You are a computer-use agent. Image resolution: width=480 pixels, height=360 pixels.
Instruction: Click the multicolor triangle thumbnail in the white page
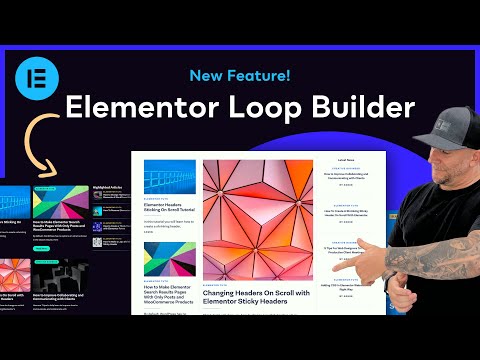[x=168, y=260]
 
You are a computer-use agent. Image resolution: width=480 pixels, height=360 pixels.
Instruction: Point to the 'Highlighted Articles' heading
[x=115, y=186]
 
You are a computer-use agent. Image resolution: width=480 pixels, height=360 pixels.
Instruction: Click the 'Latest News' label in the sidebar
[x=346, y=161]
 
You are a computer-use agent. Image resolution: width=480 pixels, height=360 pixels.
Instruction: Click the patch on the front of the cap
[x=425, y=124]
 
